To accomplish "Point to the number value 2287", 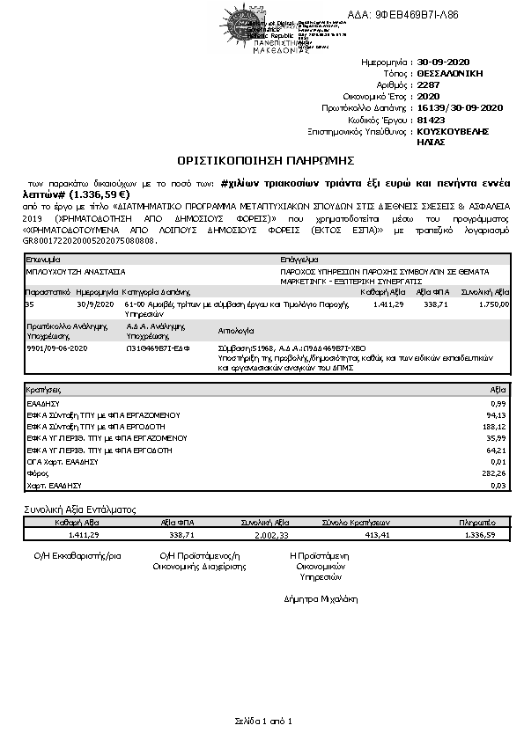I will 429,85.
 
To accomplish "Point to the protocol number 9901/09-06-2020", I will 57,348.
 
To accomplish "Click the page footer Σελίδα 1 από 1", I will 262,722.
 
